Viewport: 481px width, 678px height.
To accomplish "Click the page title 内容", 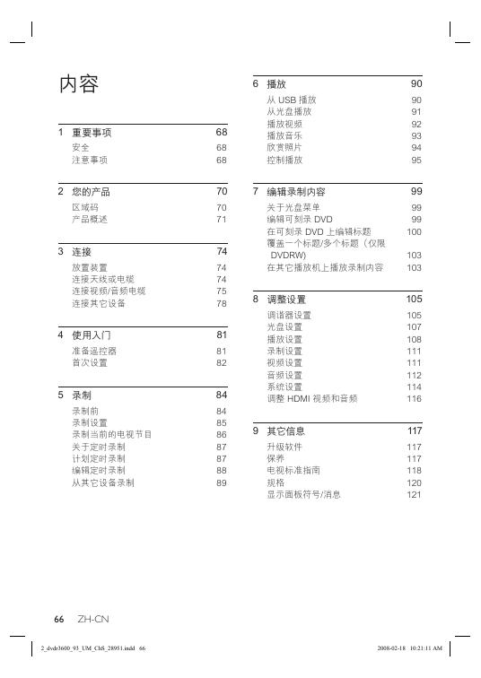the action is click(78, 84).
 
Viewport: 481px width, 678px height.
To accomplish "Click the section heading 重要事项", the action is click(92, 133).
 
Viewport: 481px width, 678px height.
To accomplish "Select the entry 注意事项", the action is click(90, 160).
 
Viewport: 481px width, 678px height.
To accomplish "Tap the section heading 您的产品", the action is click(92, 192).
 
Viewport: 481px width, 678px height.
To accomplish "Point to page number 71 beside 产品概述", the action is click(221, 219).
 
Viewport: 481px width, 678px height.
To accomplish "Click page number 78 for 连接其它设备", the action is click(221, 304).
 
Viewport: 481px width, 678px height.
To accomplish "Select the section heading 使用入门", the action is click(92, 335).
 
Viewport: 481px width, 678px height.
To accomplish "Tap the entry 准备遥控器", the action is click(94, 351).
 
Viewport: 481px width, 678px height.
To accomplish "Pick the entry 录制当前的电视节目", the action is click(112, 434).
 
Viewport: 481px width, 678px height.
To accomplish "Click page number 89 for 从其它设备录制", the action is click(221, 482).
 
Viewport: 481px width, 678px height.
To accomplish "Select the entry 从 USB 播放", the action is click(292, 100).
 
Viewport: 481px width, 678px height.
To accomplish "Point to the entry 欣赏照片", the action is click(284, 147).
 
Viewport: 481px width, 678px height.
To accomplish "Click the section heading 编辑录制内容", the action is click(296, 192).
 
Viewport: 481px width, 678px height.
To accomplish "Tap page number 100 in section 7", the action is click(414, 231).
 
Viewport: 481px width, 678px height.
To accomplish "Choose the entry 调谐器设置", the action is click(289, 315).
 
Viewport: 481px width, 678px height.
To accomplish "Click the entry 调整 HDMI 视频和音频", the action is click(312, 398).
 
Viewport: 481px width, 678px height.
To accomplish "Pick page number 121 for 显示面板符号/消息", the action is click(414, 494).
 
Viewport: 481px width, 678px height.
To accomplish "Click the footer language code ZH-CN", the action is click(93, 620).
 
